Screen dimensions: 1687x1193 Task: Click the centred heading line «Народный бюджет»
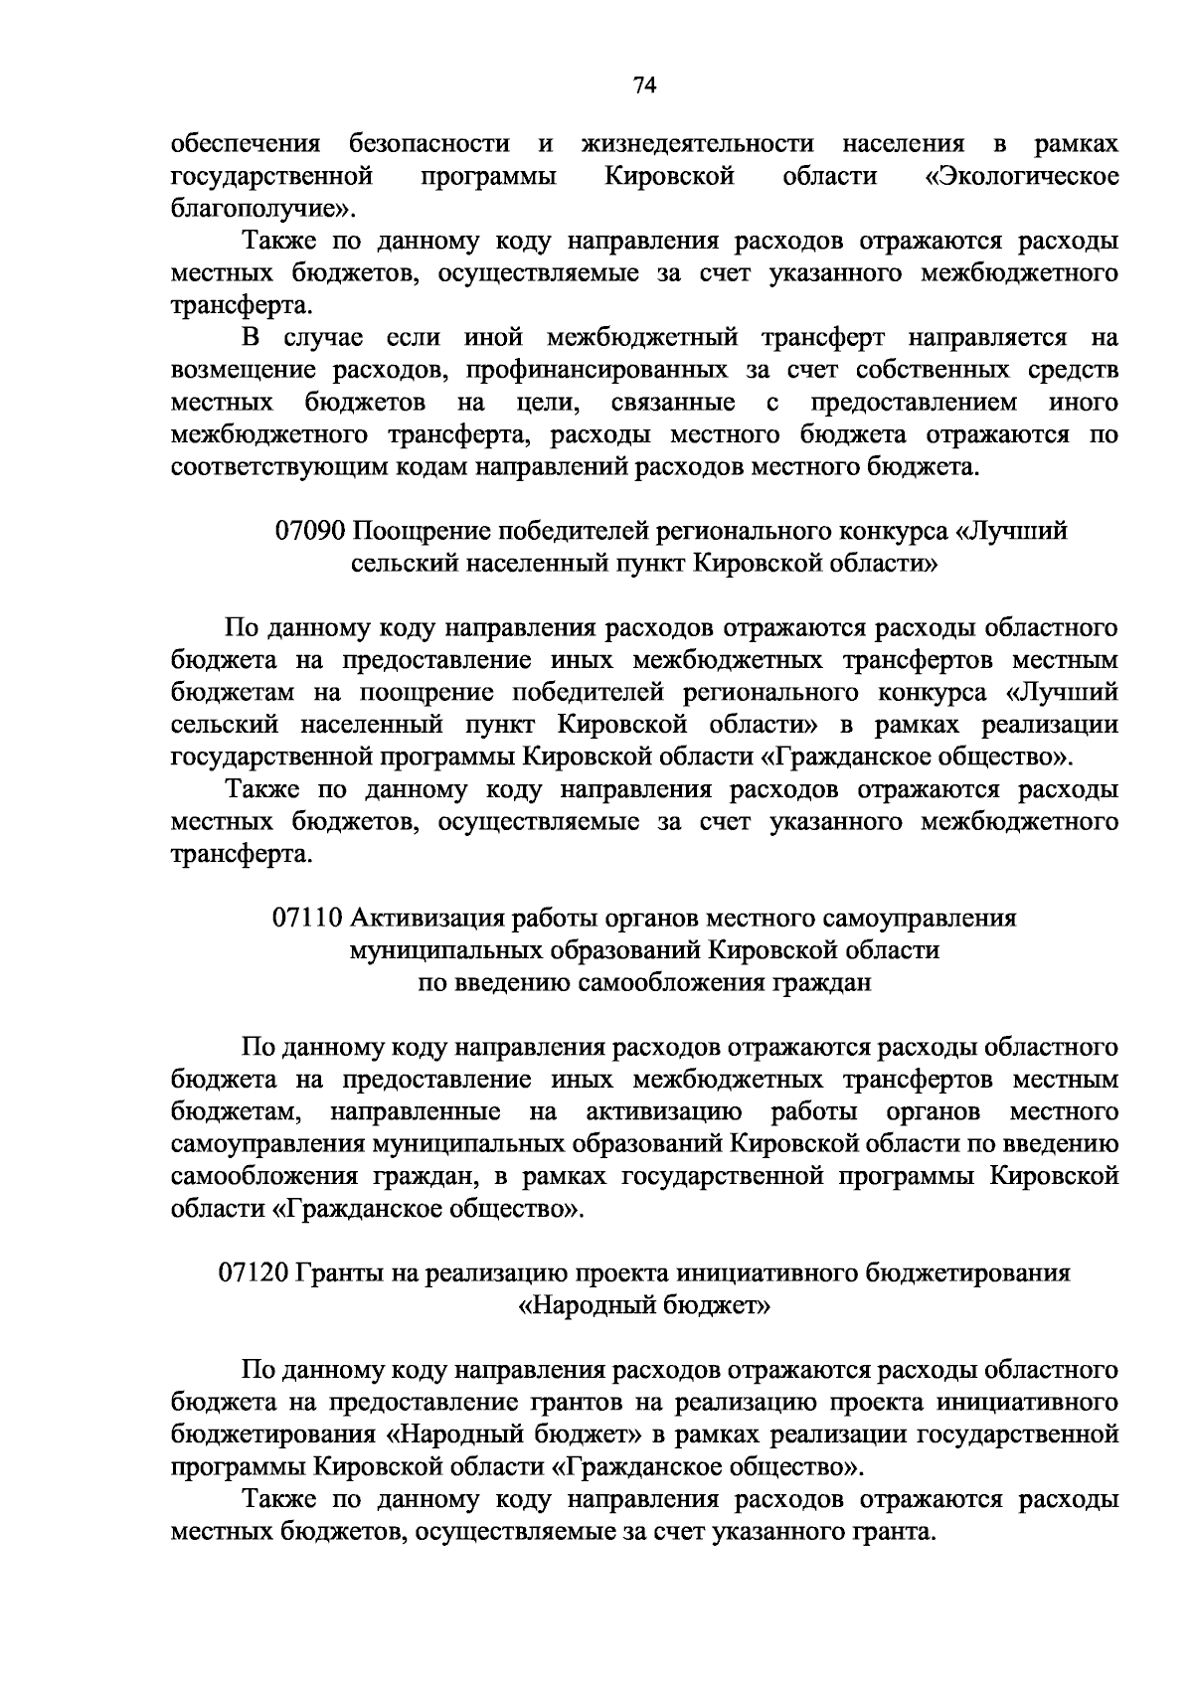pyautogui.click(x=644, y=1305)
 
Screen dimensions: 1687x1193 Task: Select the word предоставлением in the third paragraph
pyautogui.click(x=914, y=403)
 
